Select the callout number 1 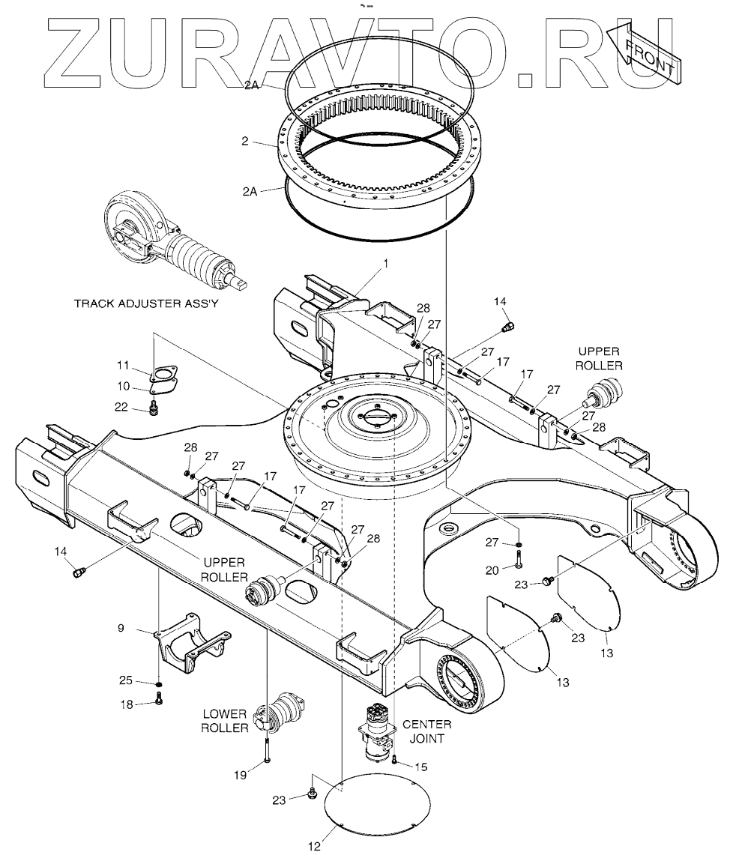point(386,263)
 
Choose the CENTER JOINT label point(427,731)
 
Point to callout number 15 point(421,766)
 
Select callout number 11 point(124,366)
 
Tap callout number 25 point(126,680)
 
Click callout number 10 point(123,386)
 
